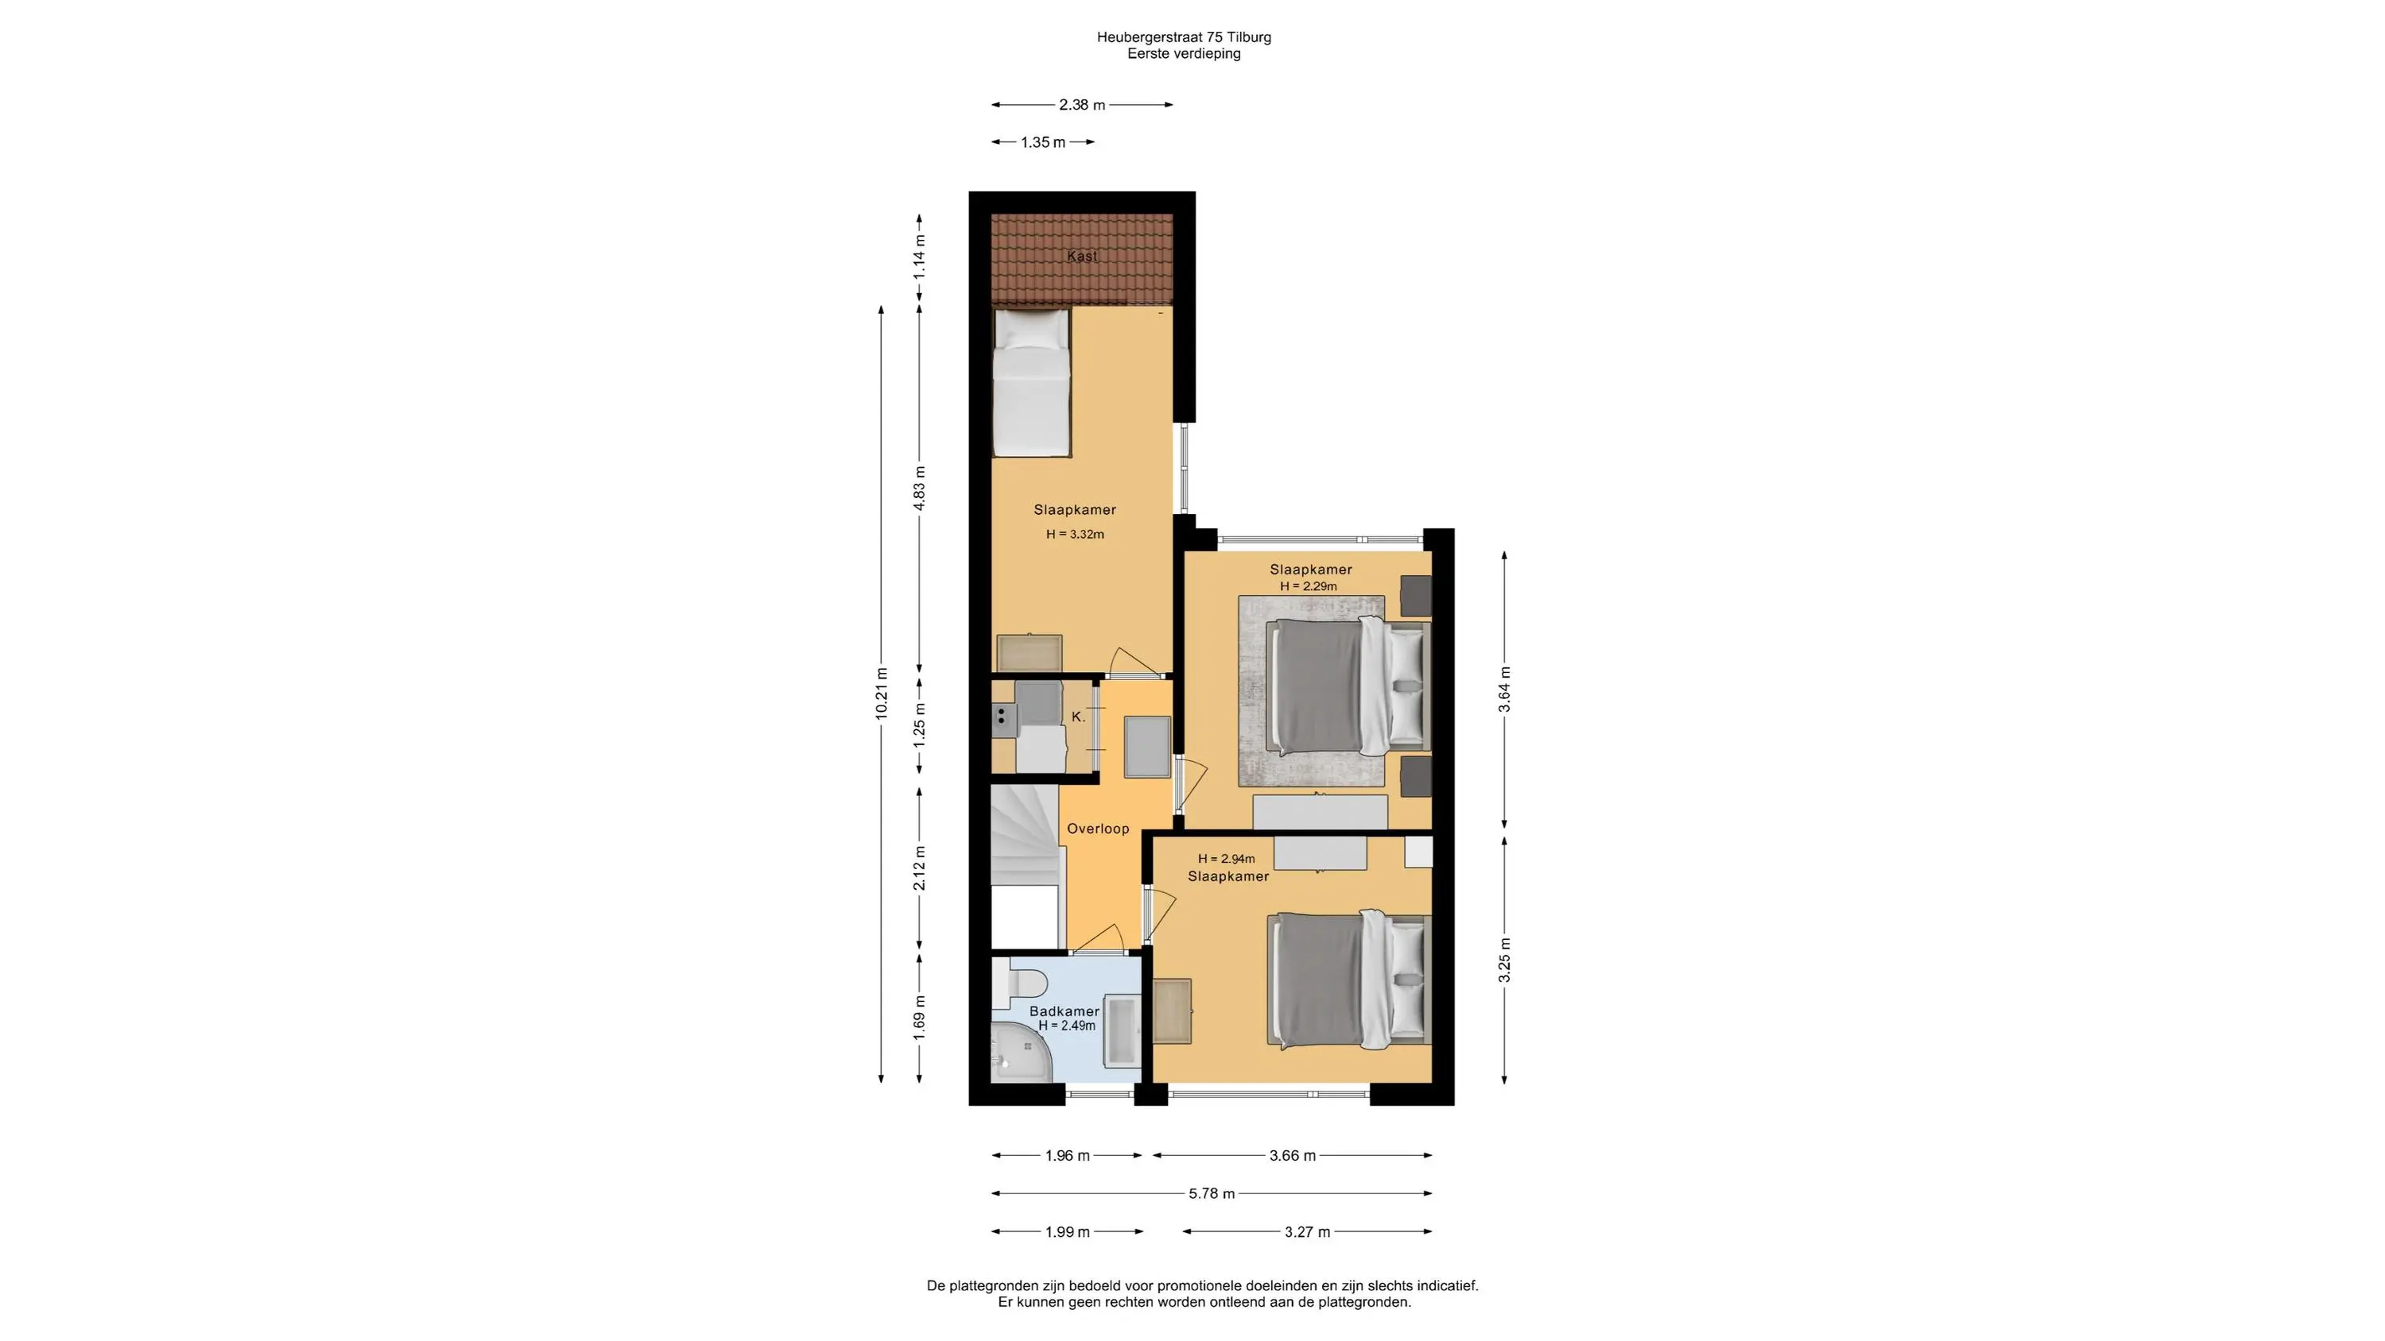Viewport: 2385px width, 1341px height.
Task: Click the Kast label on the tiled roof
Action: point(1081,257)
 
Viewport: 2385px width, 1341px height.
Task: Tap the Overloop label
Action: point(1098,829)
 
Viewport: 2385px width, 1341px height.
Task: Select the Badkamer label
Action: point(1065,1011)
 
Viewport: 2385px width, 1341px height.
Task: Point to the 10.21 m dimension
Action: point(882,694)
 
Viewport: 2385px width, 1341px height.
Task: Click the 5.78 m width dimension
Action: point(1212,1194)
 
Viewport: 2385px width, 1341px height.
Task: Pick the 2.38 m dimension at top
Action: point(1082,105)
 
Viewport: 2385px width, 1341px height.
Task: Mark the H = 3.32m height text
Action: point(1075,534)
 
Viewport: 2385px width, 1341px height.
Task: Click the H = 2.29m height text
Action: point(1309,585)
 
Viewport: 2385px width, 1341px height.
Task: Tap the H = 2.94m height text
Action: point(1226,859)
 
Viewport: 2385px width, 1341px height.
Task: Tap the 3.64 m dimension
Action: point(1504,690)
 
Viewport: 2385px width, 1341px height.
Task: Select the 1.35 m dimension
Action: point(1043,142)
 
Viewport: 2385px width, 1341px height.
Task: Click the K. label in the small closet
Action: point(1078,717)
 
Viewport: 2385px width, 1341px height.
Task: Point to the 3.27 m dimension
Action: point(1307,1232)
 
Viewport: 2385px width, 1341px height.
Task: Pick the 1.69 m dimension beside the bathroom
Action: point(919,1018)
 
